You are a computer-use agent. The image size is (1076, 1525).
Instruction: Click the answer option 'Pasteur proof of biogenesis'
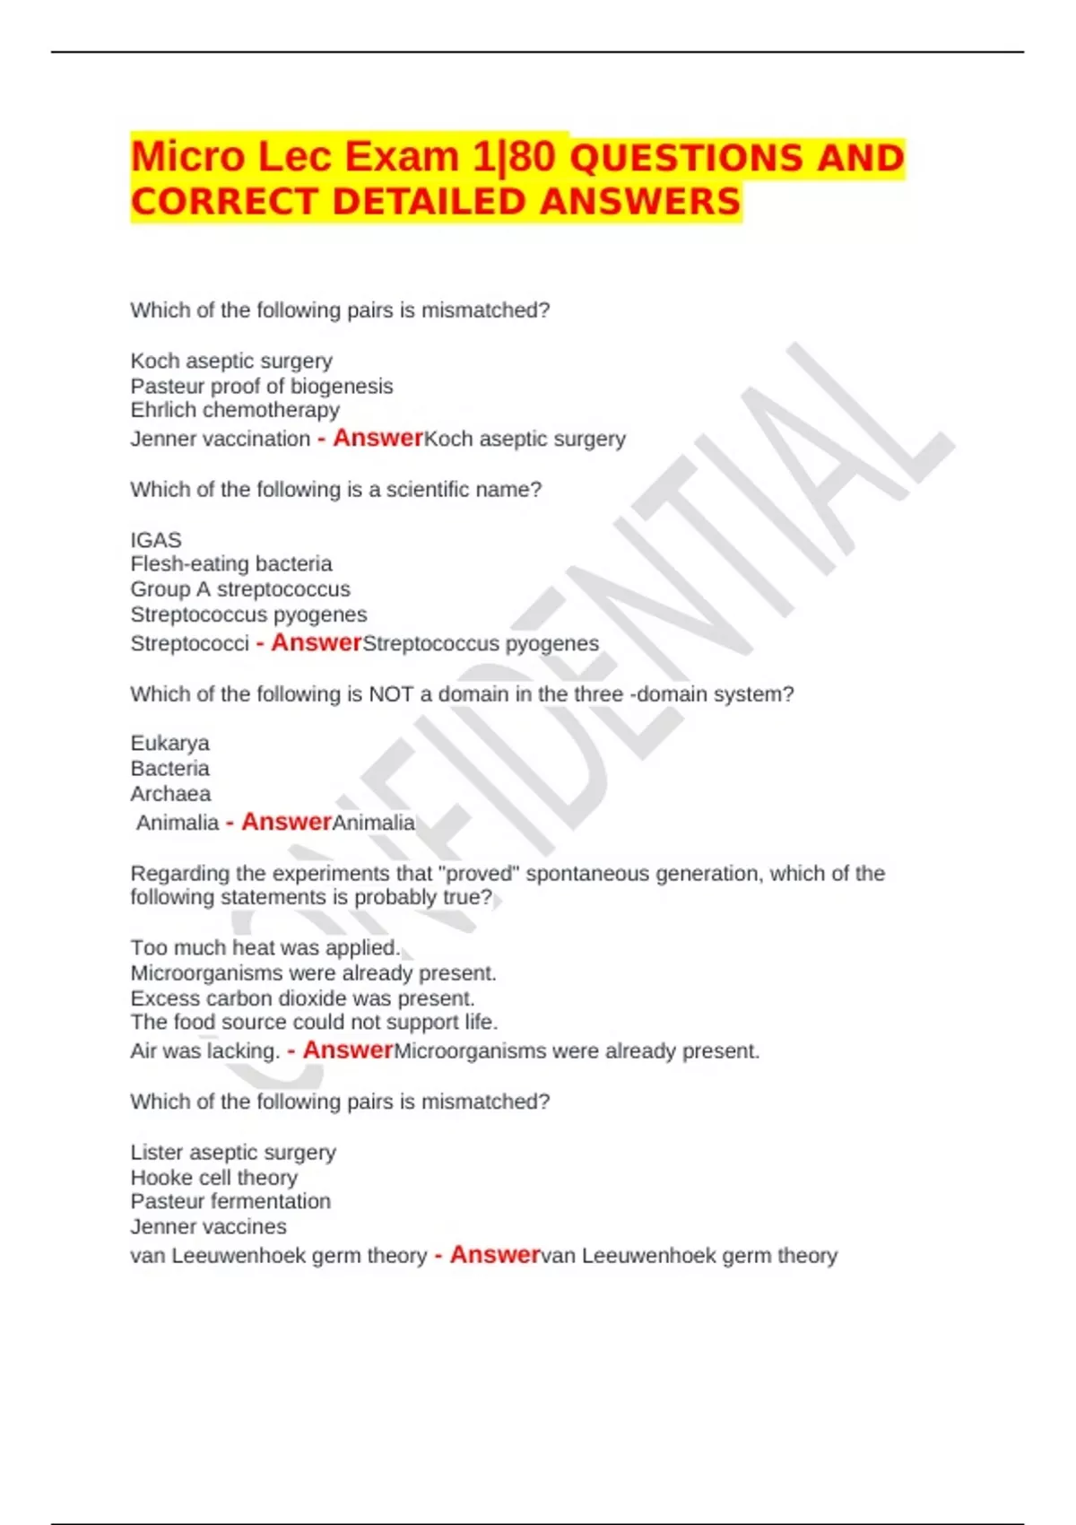[261, 386]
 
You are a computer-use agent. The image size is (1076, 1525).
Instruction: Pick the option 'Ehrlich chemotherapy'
[235, 410]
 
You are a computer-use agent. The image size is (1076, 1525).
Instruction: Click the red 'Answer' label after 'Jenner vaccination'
[377, 438]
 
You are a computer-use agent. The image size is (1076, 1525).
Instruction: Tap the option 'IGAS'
[156, 540]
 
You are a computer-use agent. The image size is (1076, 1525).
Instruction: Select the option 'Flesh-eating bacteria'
[231, 563]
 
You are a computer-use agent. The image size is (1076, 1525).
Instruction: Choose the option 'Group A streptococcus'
[240, 589]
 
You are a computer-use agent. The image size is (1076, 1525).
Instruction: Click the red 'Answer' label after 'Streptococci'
[316, 642]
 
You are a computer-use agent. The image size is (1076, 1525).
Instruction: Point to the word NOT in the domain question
[390, 694]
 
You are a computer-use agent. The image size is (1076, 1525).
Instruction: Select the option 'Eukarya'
[169, 743]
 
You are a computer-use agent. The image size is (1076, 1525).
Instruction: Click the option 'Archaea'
[170, 794]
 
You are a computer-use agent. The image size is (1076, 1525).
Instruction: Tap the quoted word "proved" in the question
[478, 874]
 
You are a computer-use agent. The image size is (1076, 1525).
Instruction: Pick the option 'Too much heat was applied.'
[265, 948]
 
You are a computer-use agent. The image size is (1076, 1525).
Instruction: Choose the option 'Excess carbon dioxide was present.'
[302, 998]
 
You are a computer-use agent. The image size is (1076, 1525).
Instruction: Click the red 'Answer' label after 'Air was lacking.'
[348, 1050]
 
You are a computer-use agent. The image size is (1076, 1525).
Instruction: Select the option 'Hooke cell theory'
[213, 1177]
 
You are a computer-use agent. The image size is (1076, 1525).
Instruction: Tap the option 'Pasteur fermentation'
[230, 1201]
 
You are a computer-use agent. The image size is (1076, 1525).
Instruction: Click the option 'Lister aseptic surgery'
[233, 1152]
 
